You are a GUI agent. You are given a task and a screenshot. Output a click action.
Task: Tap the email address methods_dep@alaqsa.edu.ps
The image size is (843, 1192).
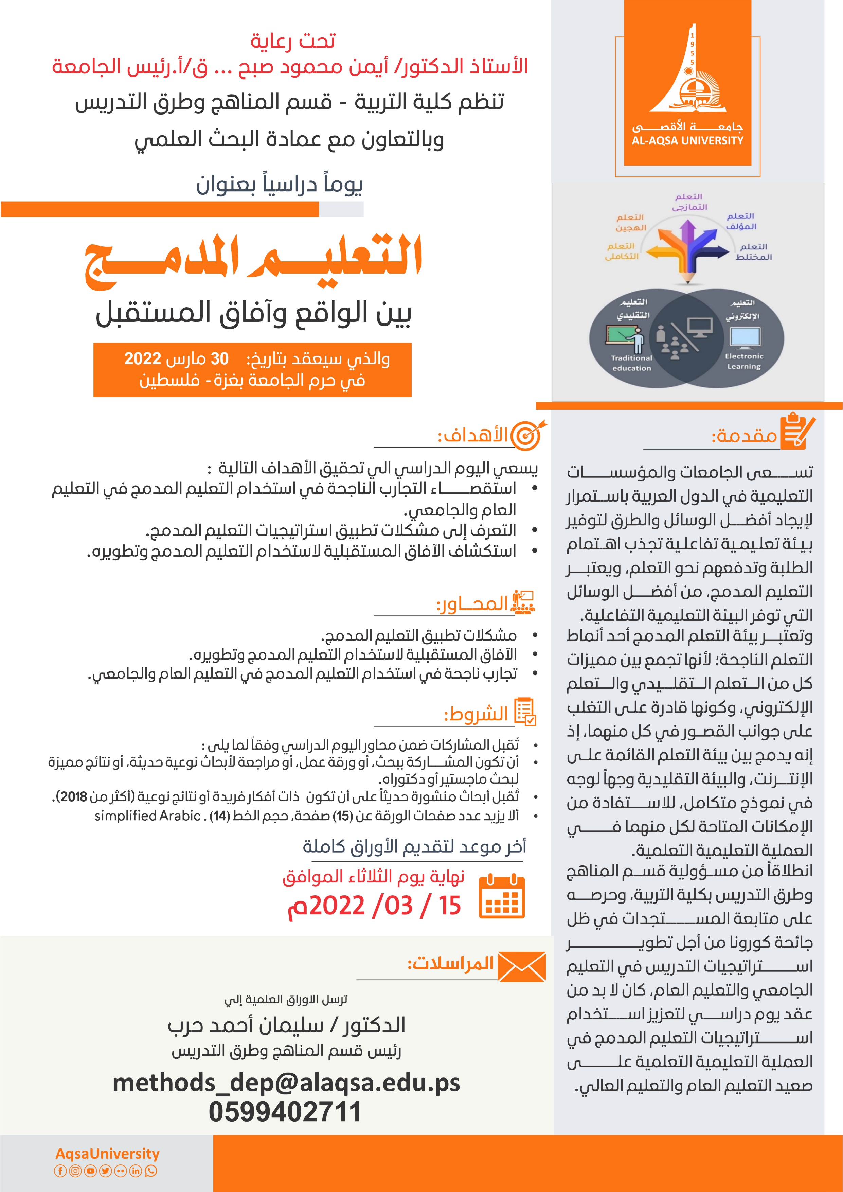[286, 1083]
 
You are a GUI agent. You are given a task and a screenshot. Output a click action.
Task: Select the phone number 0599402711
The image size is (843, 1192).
[285, 1111]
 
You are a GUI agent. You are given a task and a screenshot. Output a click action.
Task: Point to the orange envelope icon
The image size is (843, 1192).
[522, 967]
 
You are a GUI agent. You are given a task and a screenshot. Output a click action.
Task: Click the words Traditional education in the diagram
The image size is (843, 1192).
[631, 363]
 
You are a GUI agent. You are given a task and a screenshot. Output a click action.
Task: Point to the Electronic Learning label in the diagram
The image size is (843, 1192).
[744, 361]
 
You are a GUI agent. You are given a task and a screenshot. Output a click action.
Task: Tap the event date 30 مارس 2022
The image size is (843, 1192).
[177, 359]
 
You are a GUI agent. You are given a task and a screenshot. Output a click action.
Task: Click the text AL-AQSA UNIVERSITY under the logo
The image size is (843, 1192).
[687, 141]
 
